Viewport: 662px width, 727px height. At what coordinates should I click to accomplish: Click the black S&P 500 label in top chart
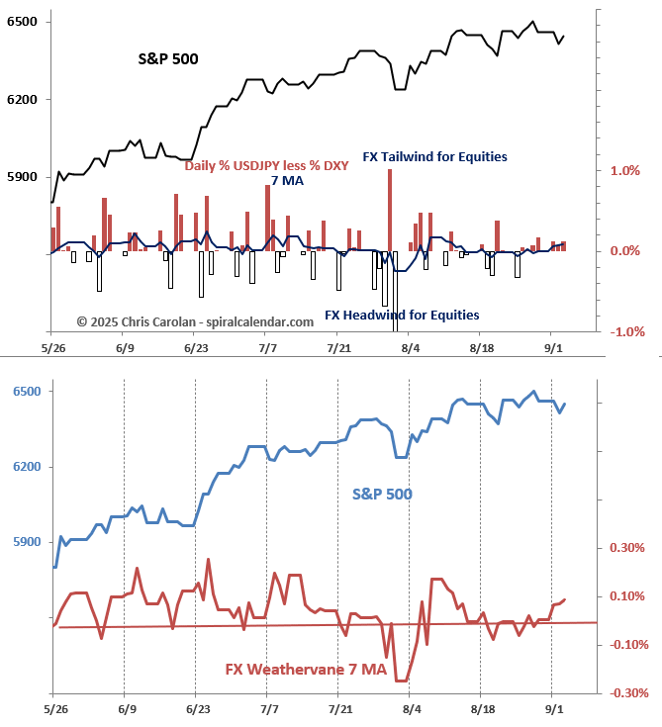click(x=168, y=59)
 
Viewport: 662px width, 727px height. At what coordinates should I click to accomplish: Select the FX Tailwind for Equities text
click(x=434, y=156)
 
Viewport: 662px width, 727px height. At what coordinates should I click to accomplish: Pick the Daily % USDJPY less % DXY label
click(x=266, y=165)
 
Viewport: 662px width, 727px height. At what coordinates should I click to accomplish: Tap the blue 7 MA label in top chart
click(x=287, y=180)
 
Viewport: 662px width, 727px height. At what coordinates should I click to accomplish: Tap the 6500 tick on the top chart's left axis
click(x=22, y=22)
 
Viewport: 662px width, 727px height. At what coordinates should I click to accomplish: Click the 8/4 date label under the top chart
click(x=410, y=348)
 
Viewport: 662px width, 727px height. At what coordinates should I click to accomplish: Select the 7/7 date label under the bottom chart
click(x=268, y=709)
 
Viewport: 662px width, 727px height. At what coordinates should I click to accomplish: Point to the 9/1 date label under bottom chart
click(x=554, y=709)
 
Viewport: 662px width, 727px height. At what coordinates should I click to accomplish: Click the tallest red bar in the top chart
click(x=390, y=210)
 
